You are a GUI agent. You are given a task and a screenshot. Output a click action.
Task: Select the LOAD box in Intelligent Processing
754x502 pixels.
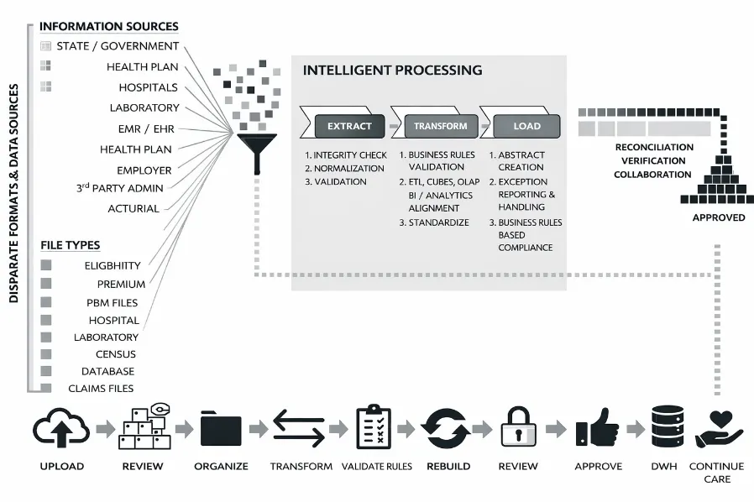525,127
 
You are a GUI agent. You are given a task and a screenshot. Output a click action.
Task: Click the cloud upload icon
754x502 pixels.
61,429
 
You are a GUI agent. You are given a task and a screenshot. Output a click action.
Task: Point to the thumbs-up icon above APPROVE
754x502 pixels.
597,430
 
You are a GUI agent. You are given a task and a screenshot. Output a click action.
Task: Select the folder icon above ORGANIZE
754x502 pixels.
221,431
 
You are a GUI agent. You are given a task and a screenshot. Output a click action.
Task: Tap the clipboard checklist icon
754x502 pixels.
374,427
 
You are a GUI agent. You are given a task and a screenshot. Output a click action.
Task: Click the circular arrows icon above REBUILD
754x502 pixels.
447,429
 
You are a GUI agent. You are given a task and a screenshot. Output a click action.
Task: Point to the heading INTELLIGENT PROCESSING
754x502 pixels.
392,71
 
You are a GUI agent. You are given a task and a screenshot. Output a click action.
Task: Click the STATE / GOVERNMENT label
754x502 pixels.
118,46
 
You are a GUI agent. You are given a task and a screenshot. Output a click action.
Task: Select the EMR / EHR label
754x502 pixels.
146,128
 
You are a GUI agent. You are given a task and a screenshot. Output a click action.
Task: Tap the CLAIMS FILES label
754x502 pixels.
101,389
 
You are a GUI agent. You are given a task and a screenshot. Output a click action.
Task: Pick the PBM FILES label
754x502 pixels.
112,302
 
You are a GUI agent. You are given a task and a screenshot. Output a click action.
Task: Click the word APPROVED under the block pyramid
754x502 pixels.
718,217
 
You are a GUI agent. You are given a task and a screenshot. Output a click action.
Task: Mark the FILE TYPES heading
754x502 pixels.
71,245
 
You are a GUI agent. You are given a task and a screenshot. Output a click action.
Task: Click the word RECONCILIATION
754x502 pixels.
654,147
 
